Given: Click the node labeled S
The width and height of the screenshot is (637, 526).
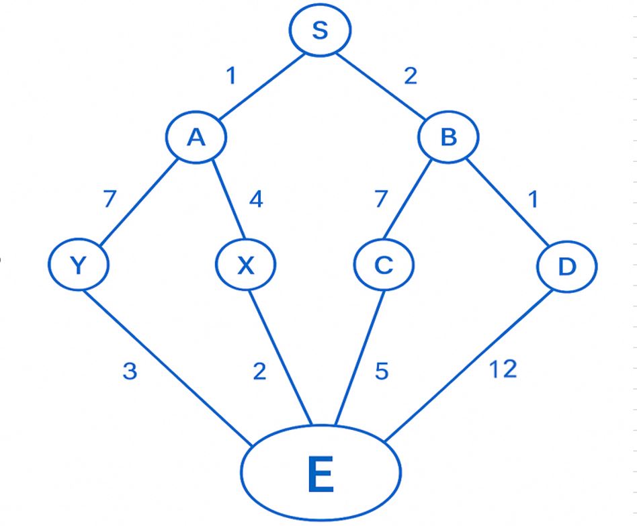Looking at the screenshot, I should pos(320,31).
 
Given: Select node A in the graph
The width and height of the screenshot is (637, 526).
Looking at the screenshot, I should pos(196,137).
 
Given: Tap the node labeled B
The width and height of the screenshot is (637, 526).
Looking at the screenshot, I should pos(448,138).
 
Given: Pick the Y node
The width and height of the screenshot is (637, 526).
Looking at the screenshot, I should pos(79,265).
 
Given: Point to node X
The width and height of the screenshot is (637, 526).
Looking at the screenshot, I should pos(246,266).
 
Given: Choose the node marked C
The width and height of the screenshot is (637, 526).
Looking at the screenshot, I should pos(384,265).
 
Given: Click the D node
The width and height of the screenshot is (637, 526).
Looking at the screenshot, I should pos(567,267).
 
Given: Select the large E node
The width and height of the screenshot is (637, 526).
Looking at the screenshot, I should pos(321,473).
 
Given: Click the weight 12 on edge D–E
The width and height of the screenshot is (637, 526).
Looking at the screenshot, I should pos(502,369).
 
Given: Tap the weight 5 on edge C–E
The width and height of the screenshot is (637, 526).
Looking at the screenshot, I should pos(382,371).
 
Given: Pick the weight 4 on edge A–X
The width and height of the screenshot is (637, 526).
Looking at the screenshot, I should pos(256,200).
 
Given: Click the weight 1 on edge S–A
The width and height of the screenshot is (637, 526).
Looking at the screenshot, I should pos(231,76).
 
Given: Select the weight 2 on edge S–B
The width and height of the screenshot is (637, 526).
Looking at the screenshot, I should pos(410,76).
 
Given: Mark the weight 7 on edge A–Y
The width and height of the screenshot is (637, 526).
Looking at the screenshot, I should pos(110,200).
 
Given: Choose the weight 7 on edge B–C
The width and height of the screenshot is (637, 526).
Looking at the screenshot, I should pos(381,200).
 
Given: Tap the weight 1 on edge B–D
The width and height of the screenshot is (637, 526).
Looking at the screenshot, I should pos(533,200).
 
